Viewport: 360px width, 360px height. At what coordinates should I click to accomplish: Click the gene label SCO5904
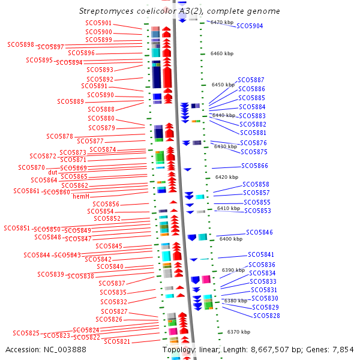point(250,26)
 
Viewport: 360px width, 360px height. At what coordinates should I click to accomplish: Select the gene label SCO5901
point(99,23)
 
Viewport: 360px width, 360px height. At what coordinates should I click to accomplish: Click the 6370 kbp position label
point(238,332)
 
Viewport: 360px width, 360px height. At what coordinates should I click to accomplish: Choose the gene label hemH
point(81,196)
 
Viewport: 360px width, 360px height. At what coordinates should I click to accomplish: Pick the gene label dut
point(53,172)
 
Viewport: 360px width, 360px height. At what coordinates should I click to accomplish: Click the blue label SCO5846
point(259,232)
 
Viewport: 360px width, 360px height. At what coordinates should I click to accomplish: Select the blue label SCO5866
point(254,166)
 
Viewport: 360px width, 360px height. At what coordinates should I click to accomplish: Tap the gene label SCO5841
point(261,255)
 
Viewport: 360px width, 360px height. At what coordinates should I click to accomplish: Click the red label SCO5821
point(117,341)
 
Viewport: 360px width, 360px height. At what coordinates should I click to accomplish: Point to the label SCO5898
point(20,44)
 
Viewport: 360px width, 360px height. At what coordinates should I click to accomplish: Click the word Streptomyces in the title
point(106,11)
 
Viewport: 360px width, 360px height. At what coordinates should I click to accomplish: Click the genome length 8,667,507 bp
point(282,349)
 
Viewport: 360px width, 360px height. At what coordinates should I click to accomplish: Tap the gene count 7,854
point(343,349)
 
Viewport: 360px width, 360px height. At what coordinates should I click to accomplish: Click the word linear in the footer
point(212,349)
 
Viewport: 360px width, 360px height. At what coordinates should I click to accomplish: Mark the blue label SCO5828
point(266,316)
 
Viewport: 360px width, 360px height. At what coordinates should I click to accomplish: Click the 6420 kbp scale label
point(227,178)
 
